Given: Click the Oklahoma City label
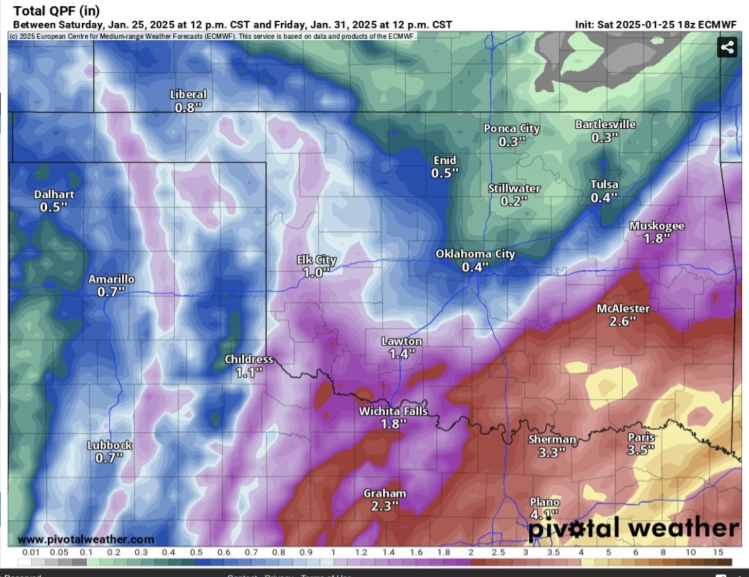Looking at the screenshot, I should (x=475, y=254).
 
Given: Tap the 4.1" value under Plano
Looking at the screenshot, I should (x=544, y=514).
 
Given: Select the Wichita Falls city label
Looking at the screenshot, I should (x=393, y=411).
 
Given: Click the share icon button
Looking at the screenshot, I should (x=727, y=48).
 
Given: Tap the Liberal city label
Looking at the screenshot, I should (x=188, y=94).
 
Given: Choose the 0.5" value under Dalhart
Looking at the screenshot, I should (x=53, y=207).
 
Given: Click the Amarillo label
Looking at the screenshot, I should (x=111, y=279).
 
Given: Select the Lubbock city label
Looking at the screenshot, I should (x=110, y=445).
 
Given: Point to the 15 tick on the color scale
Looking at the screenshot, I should (x=718, y=552).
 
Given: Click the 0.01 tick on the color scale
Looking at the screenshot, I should (x=30, y=552).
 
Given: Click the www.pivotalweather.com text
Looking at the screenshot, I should (x=86, y=539).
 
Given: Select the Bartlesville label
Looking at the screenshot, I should (x=605, y=125).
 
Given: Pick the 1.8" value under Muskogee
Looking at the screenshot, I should (x=657, y=238).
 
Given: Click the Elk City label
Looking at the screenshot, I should (x=316, y=260).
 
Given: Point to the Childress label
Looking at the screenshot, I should (x=248, y=359).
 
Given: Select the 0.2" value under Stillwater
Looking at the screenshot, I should (x=514, y=201).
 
